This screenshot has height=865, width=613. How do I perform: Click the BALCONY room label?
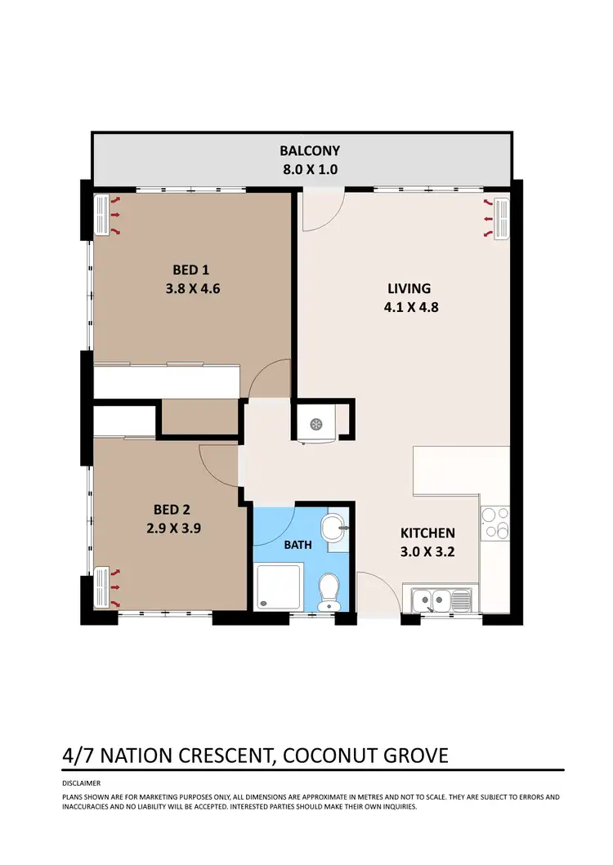coord(309,150)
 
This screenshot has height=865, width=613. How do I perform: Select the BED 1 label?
coord(192,270)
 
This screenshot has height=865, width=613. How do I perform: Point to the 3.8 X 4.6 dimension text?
coord(192,288)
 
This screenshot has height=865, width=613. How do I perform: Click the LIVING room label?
coord(409,288)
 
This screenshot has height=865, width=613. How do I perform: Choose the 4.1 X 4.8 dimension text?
coord(409,308)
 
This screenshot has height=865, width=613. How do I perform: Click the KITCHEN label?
coord(427,533)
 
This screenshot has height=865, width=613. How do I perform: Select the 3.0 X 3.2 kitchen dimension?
coord(427,551)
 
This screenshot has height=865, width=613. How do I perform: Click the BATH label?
coord(297,545)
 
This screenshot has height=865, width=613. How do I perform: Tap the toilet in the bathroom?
coord(329,590)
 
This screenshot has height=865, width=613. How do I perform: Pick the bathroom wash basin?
coord(335,527)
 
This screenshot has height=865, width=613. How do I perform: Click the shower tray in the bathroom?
coord(279,587)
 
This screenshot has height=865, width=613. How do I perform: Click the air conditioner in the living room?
coord(499,219)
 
